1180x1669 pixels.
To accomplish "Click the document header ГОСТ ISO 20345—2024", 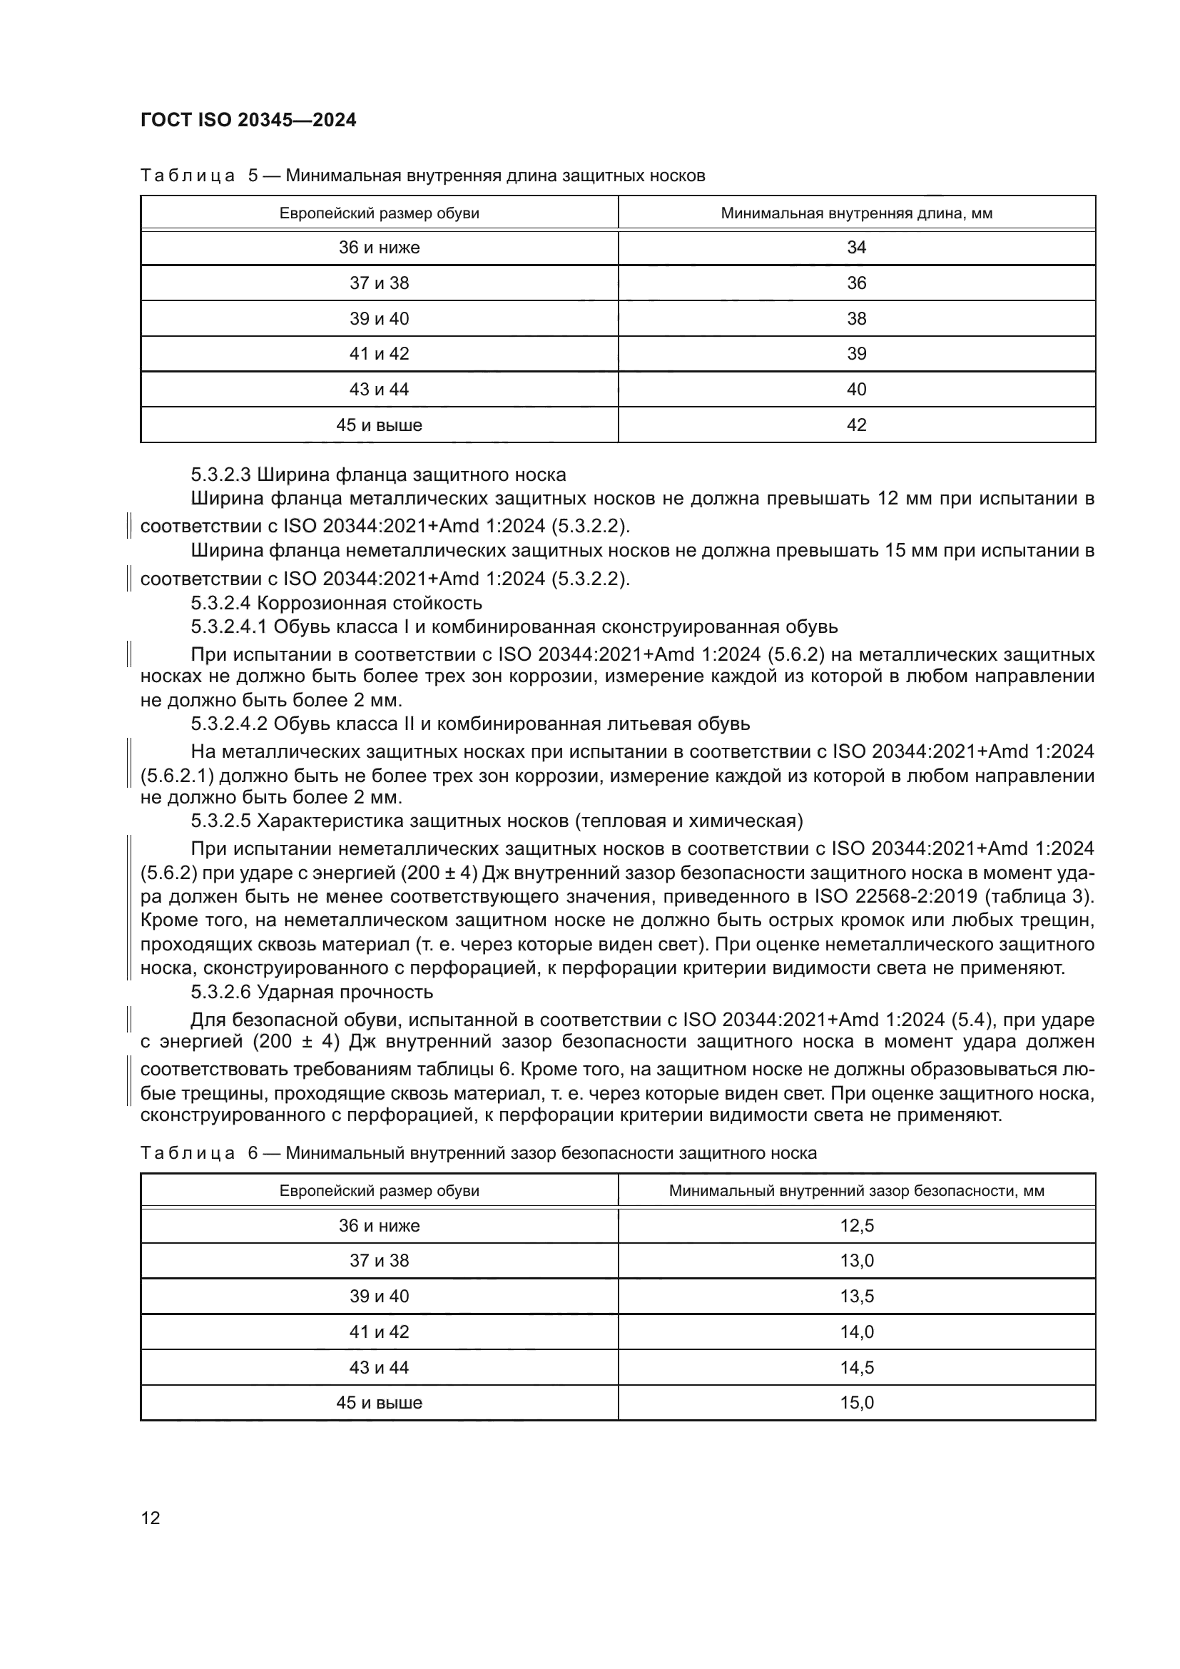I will [x=248, y=120].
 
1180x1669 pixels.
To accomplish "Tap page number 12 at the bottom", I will [x=151, y=1518].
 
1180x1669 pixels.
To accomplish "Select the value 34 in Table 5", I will [x=856, y=248].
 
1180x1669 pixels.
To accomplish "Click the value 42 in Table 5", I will [x=856, y=425].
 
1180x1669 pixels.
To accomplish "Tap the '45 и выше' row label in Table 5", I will [x=379, y=425].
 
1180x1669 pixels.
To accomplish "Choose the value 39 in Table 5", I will [x=856, y=354].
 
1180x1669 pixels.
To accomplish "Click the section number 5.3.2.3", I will [x=220, y=475].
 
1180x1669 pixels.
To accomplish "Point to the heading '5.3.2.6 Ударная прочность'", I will [x=312, y=993].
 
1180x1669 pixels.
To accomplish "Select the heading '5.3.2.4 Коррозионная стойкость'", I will [x=337, y=604].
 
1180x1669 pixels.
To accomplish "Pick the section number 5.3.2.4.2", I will [x=230, y=724].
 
